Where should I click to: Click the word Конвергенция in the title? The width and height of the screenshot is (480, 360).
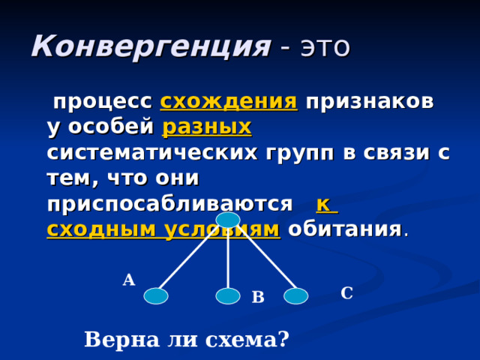(x=151, y=46)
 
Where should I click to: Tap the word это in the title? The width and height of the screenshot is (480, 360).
(x=325, y=46)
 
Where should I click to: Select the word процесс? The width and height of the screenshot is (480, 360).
(x=102, y=102)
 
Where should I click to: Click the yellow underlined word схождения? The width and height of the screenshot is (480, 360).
(x=229, y=102)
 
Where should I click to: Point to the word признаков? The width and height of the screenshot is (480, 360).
(x=369, y=102)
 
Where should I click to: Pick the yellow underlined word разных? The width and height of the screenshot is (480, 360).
(x=207, y=127)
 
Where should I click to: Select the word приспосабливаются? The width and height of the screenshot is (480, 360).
(x=169, y=204)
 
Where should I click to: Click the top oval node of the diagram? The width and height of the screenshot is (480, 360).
(x=228, y=220)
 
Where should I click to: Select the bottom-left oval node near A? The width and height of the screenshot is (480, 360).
(x=156, y=296)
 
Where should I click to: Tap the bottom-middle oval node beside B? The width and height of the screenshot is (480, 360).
(x=228, y=296)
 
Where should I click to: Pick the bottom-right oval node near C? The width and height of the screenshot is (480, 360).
(x=296, y=296)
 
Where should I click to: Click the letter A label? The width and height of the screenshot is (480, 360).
(x=129, y=280)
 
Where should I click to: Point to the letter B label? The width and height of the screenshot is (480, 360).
(x=258, y=298)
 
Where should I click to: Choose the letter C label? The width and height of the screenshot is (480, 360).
(x=346, y=293)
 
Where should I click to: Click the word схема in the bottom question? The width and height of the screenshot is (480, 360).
(x=245, y=340)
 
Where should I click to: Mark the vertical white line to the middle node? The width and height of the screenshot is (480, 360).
(x=228, y=259)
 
